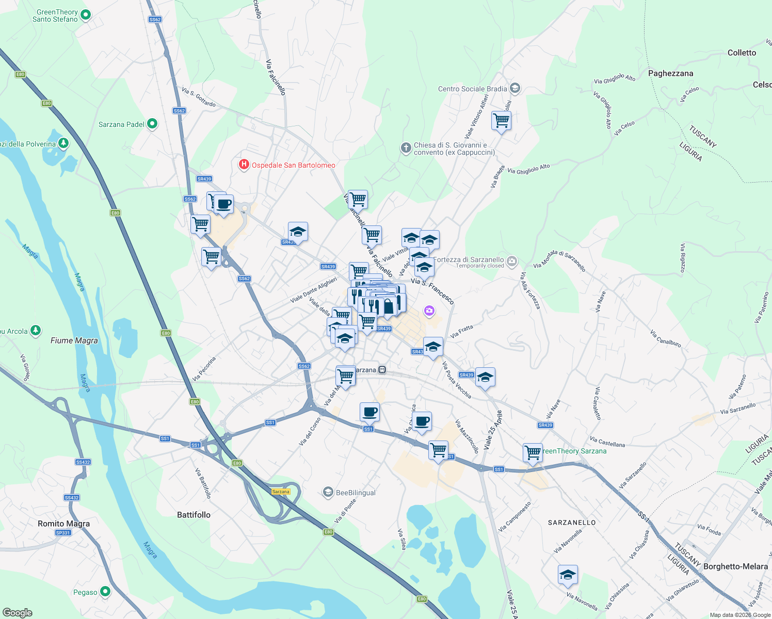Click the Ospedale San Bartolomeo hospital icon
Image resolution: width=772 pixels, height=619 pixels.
[x=244, y=165]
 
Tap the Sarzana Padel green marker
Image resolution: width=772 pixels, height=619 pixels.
[x=152, y=124]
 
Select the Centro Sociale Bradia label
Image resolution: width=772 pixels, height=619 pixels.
[x=472, y=89]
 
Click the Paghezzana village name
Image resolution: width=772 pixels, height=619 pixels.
[x=670, y=73]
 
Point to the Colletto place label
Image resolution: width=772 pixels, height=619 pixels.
[x=742, y=53]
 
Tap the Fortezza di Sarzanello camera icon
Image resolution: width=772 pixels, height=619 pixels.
[x=511, y=260]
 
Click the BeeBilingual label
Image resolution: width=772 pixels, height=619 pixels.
[x=356, y=493]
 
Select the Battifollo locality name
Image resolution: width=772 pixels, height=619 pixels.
[x=194, y=515]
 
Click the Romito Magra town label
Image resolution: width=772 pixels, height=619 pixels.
[x=63, y=524]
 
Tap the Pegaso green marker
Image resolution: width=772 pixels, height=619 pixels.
[x=105, y=592]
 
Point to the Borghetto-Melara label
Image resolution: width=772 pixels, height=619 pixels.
[x=735, y=566]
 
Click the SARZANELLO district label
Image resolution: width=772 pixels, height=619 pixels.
[x=572, y=523]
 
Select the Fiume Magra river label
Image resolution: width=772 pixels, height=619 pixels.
[x=74, y=340]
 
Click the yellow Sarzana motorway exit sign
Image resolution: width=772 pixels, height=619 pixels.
[x=281, y=492]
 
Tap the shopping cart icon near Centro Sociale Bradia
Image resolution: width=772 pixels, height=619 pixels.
[x=501, y=121]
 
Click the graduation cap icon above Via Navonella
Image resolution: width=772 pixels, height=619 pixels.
[x=568, y=575]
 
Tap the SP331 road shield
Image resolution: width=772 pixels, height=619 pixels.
[x=62, y=533]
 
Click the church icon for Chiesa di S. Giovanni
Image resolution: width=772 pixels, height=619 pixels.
[x=406, y=149]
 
